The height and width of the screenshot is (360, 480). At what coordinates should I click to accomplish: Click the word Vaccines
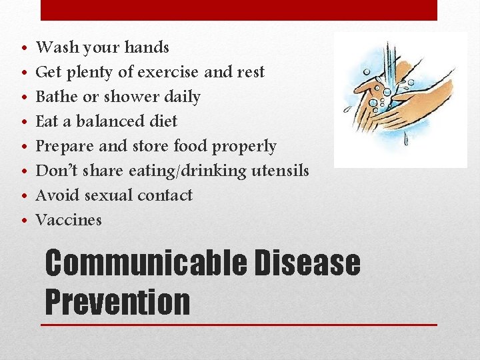point(68,220)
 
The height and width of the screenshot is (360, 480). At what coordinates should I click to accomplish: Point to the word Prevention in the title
point(117,301)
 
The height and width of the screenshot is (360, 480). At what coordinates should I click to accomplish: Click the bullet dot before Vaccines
point(23,221)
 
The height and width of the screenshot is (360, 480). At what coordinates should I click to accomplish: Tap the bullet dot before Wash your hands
point(23,49)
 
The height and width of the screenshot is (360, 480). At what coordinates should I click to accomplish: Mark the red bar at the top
point(239,10)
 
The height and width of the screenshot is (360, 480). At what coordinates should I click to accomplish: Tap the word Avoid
point(56,195)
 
